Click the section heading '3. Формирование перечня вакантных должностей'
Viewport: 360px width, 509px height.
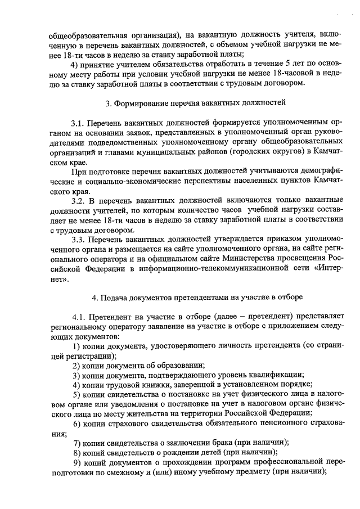(196, 103)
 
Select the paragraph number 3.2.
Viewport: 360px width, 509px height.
(78, 199)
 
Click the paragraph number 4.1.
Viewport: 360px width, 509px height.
(78, 317)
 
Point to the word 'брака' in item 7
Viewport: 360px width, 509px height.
(219, 441)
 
